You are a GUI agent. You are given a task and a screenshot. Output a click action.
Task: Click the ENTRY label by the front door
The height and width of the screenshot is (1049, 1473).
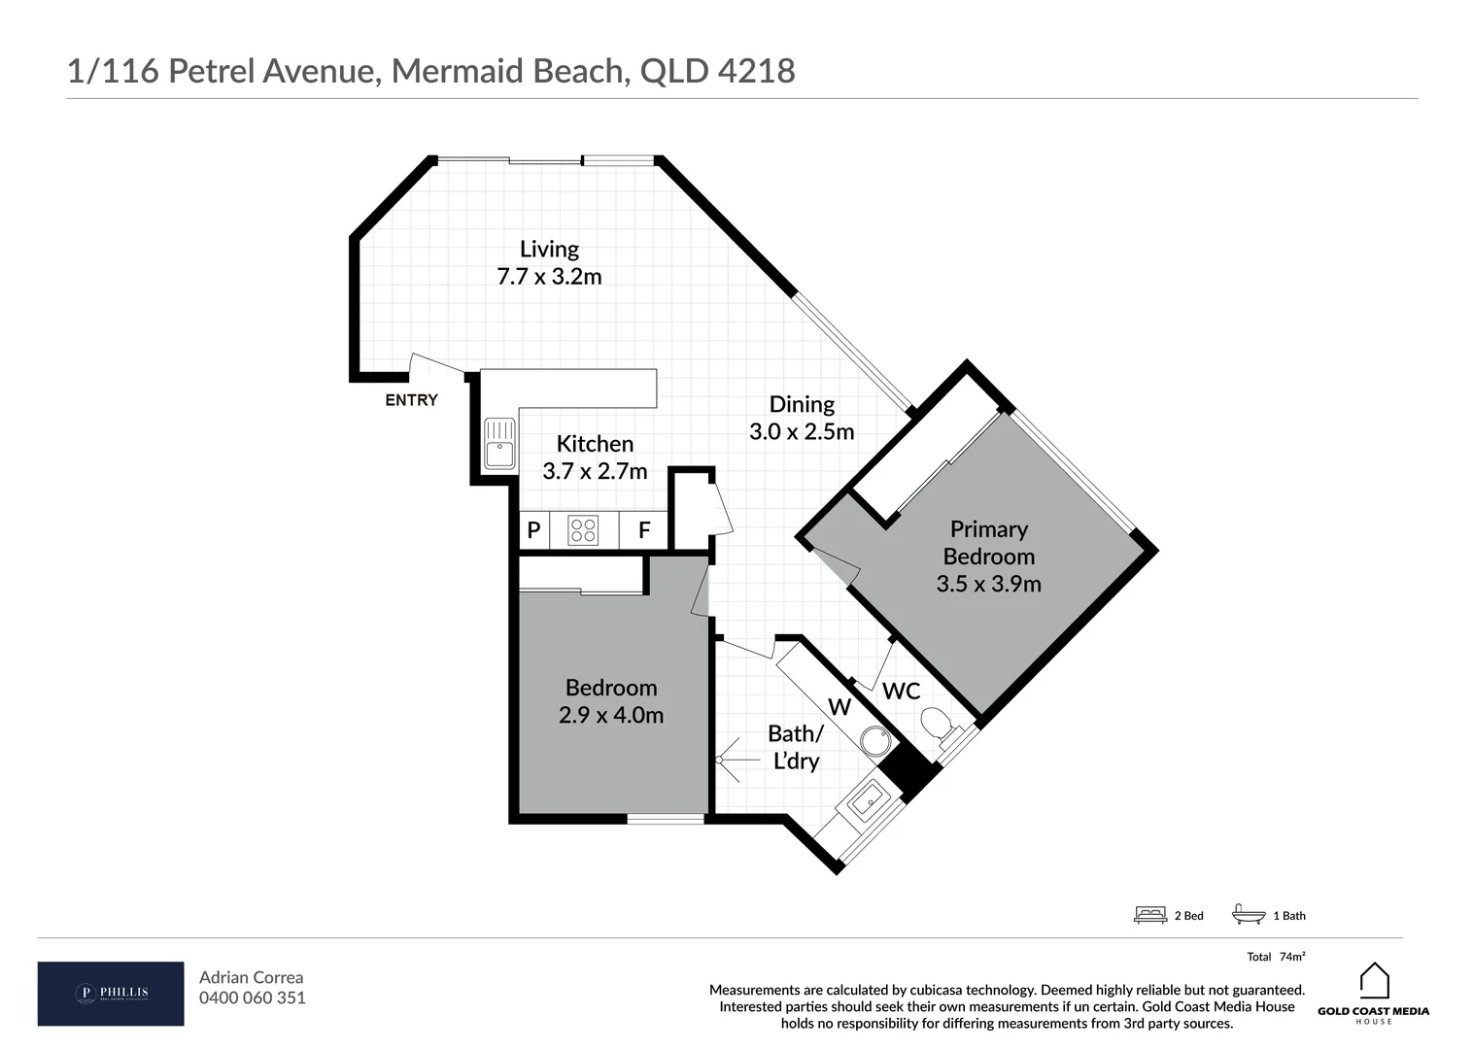411,400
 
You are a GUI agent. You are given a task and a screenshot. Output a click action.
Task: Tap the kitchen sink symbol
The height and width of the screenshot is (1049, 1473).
499,443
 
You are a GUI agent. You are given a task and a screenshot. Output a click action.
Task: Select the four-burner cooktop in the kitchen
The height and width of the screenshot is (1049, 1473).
583,530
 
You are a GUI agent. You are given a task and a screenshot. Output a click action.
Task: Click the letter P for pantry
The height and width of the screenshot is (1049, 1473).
533,530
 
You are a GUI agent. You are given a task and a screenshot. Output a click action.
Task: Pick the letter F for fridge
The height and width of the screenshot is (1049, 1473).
643,531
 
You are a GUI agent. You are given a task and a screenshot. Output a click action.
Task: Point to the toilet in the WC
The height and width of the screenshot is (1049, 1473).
936,723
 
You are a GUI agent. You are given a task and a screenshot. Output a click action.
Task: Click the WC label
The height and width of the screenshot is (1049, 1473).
901,692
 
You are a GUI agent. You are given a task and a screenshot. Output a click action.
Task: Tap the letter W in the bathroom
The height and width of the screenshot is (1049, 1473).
839,707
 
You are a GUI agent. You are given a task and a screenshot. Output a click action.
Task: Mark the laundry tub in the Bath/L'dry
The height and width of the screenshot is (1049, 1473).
864,802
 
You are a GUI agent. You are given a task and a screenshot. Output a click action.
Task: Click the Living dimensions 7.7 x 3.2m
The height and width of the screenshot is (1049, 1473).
549,277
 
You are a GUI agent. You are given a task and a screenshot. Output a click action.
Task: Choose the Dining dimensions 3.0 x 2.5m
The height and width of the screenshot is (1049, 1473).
802,432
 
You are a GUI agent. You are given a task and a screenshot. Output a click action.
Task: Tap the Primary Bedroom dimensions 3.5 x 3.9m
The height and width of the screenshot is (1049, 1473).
988,584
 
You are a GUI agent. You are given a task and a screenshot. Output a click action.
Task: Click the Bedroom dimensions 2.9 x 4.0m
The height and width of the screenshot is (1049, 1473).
611,716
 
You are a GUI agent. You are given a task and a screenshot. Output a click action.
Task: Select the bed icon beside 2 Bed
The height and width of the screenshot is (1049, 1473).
1150,915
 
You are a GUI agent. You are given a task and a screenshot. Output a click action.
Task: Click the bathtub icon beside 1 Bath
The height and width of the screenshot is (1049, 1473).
1248,914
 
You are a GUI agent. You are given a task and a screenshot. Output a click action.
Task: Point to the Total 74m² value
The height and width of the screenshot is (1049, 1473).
1291,957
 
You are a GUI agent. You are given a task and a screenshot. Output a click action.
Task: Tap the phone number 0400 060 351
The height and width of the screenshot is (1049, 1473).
252,998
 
